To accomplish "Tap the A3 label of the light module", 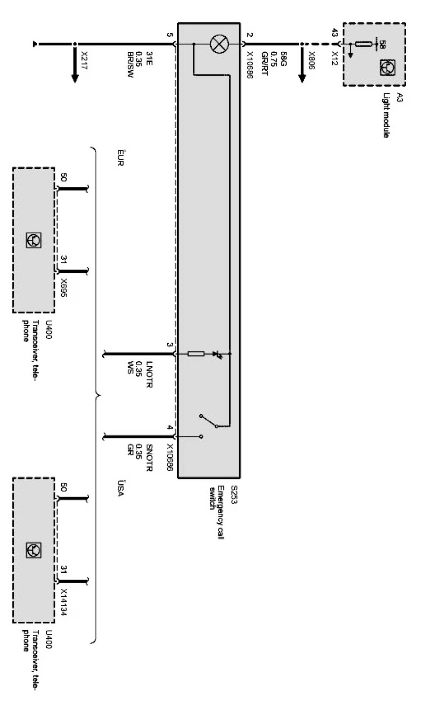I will [399, 98].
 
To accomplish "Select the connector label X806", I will [312, 60].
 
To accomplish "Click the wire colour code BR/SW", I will [130, 68].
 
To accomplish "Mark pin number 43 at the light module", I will [335, 33].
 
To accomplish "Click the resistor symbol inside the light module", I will [363, 44].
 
